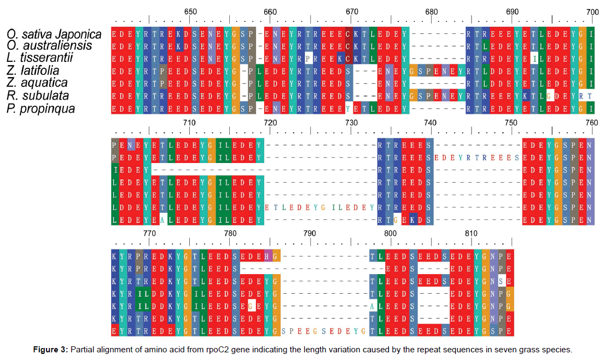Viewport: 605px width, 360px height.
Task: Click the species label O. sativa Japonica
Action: coord(54,34)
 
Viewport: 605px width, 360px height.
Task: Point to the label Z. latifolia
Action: coord(33,71)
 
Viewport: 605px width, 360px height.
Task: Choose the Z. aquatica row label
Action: coord(37,83)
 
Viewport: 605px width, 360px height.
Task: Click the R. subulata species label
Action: coord(37,96)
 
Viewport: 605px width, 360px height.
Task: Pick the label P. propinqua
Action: coord(41,109)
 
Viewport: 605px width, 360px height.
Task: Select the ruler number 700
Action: coord(592,12)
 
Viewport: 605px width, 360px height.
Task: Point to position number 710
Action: coord(189,123)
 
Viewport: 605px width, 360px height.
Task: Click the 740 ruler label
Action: coord(431,123)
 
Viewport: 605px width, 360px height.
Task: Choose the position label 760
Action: coord(591,123)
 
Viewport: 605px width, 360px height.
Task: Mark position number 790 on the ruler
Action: coord(310,233)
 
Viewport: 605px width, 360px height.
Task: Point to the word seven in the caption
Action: coord(506,349)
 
